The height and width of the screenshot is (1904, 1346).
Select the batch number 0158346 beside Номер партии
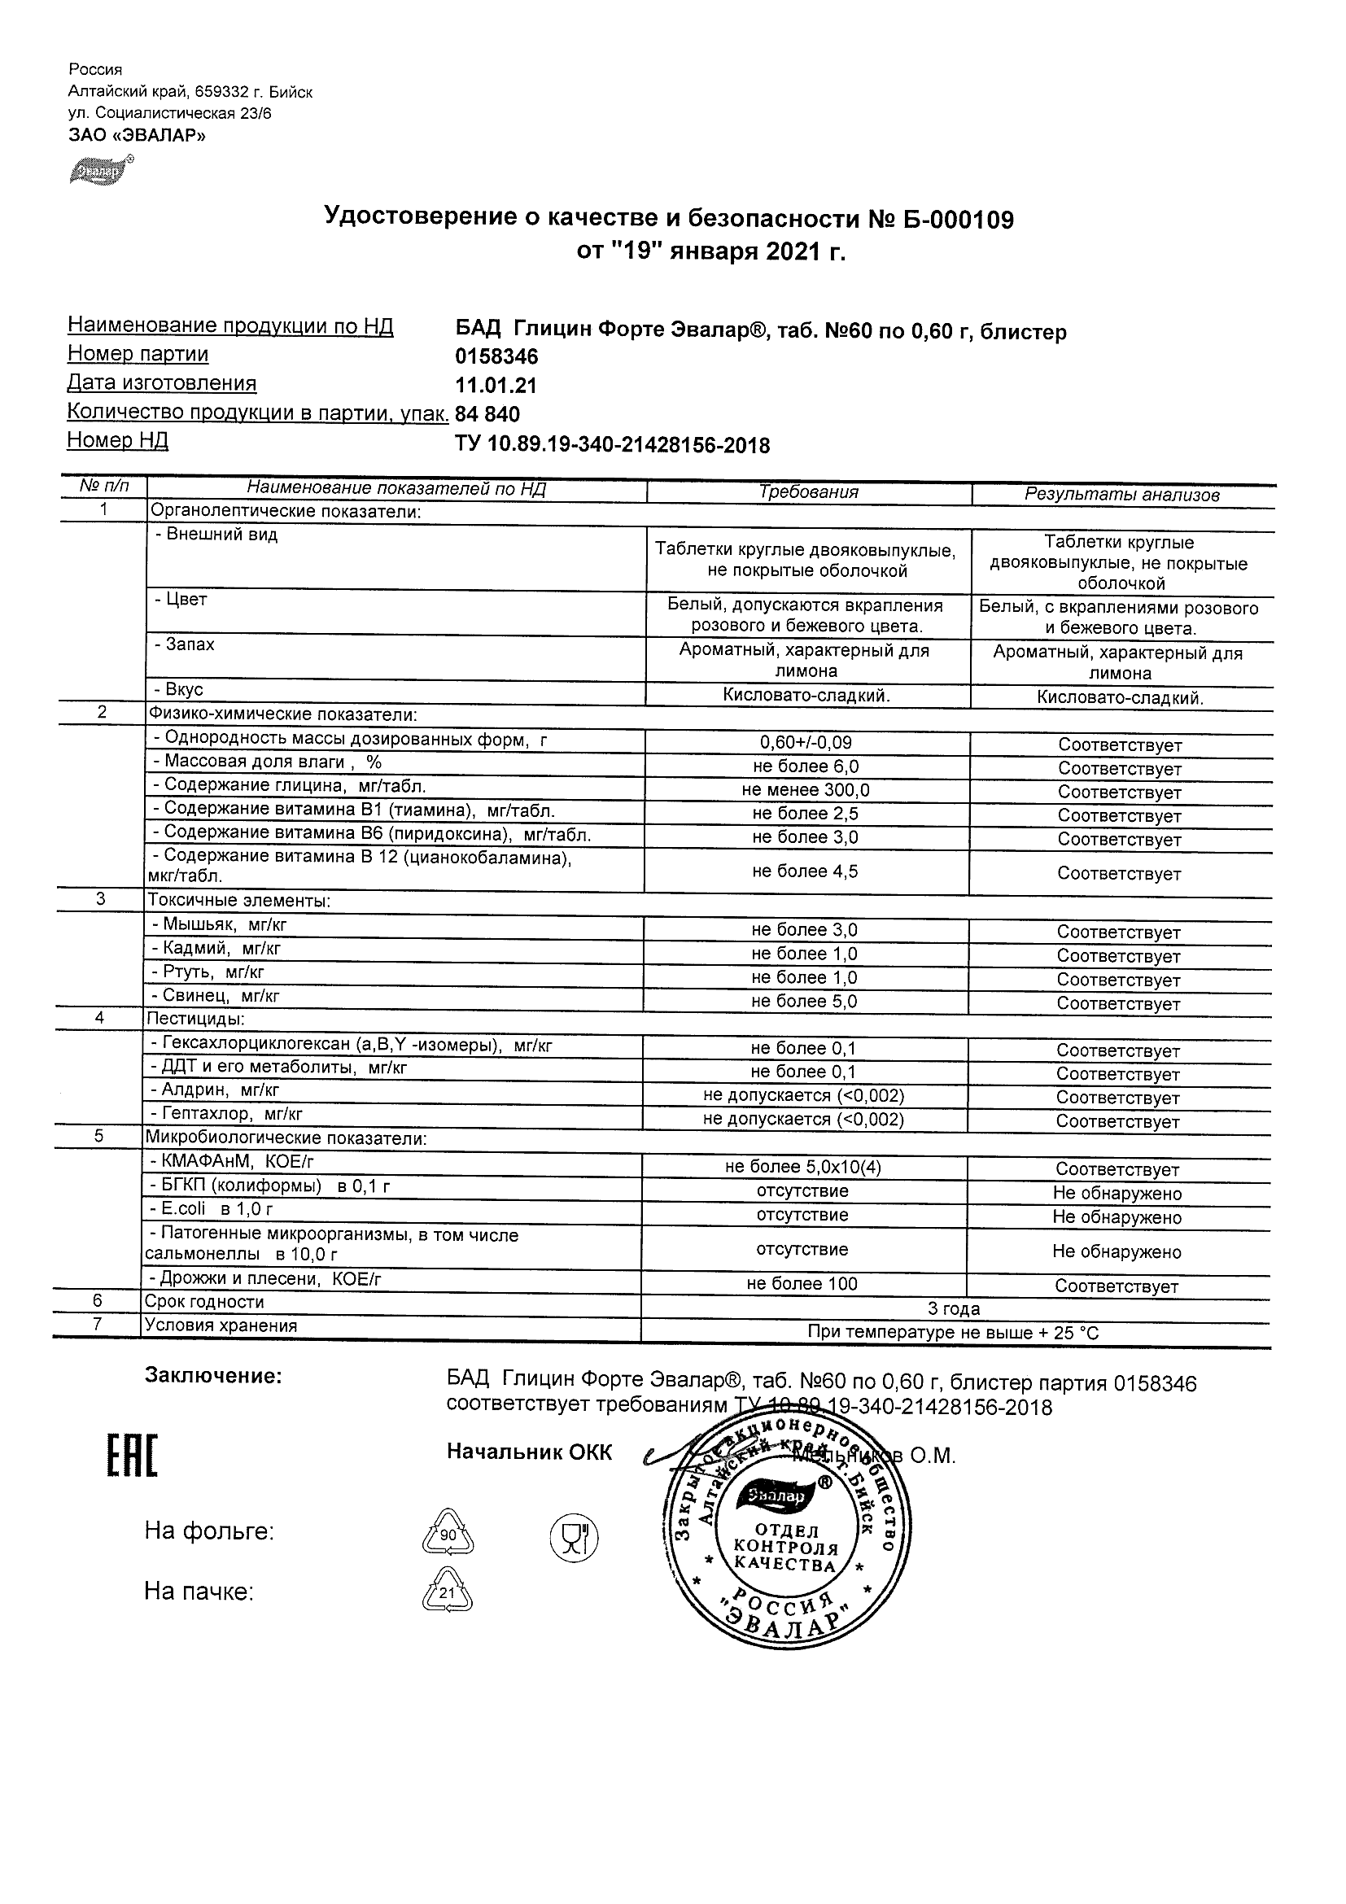point(496,356)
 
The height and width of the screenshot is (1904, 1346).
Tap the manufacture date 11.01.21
point(496,386)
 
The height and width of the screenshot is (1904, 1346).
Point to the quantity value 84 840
point(487,414)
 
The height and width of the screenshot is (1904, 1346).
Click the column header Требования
point(808,491)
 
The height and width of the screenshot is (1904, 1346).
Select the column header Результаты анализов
point(1121,495)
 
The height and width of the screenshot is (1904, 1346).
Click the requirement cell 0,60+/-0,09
point(806,743)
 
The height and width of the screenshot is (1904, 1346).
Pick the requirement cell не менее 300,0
point(806,790)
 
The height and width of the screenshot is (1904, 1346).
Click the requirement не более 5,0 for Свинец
point(804,1002)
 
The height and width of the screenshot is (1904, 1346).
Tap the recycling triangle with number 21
point(447,1591)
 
